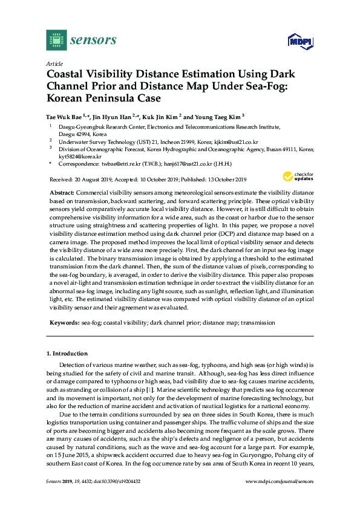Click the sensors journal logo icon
56,41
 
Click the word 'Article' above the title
54,63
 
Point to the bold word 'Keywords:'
64,323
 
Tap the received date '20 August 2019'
91,180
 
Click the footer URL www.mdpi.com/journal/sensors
280,497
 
